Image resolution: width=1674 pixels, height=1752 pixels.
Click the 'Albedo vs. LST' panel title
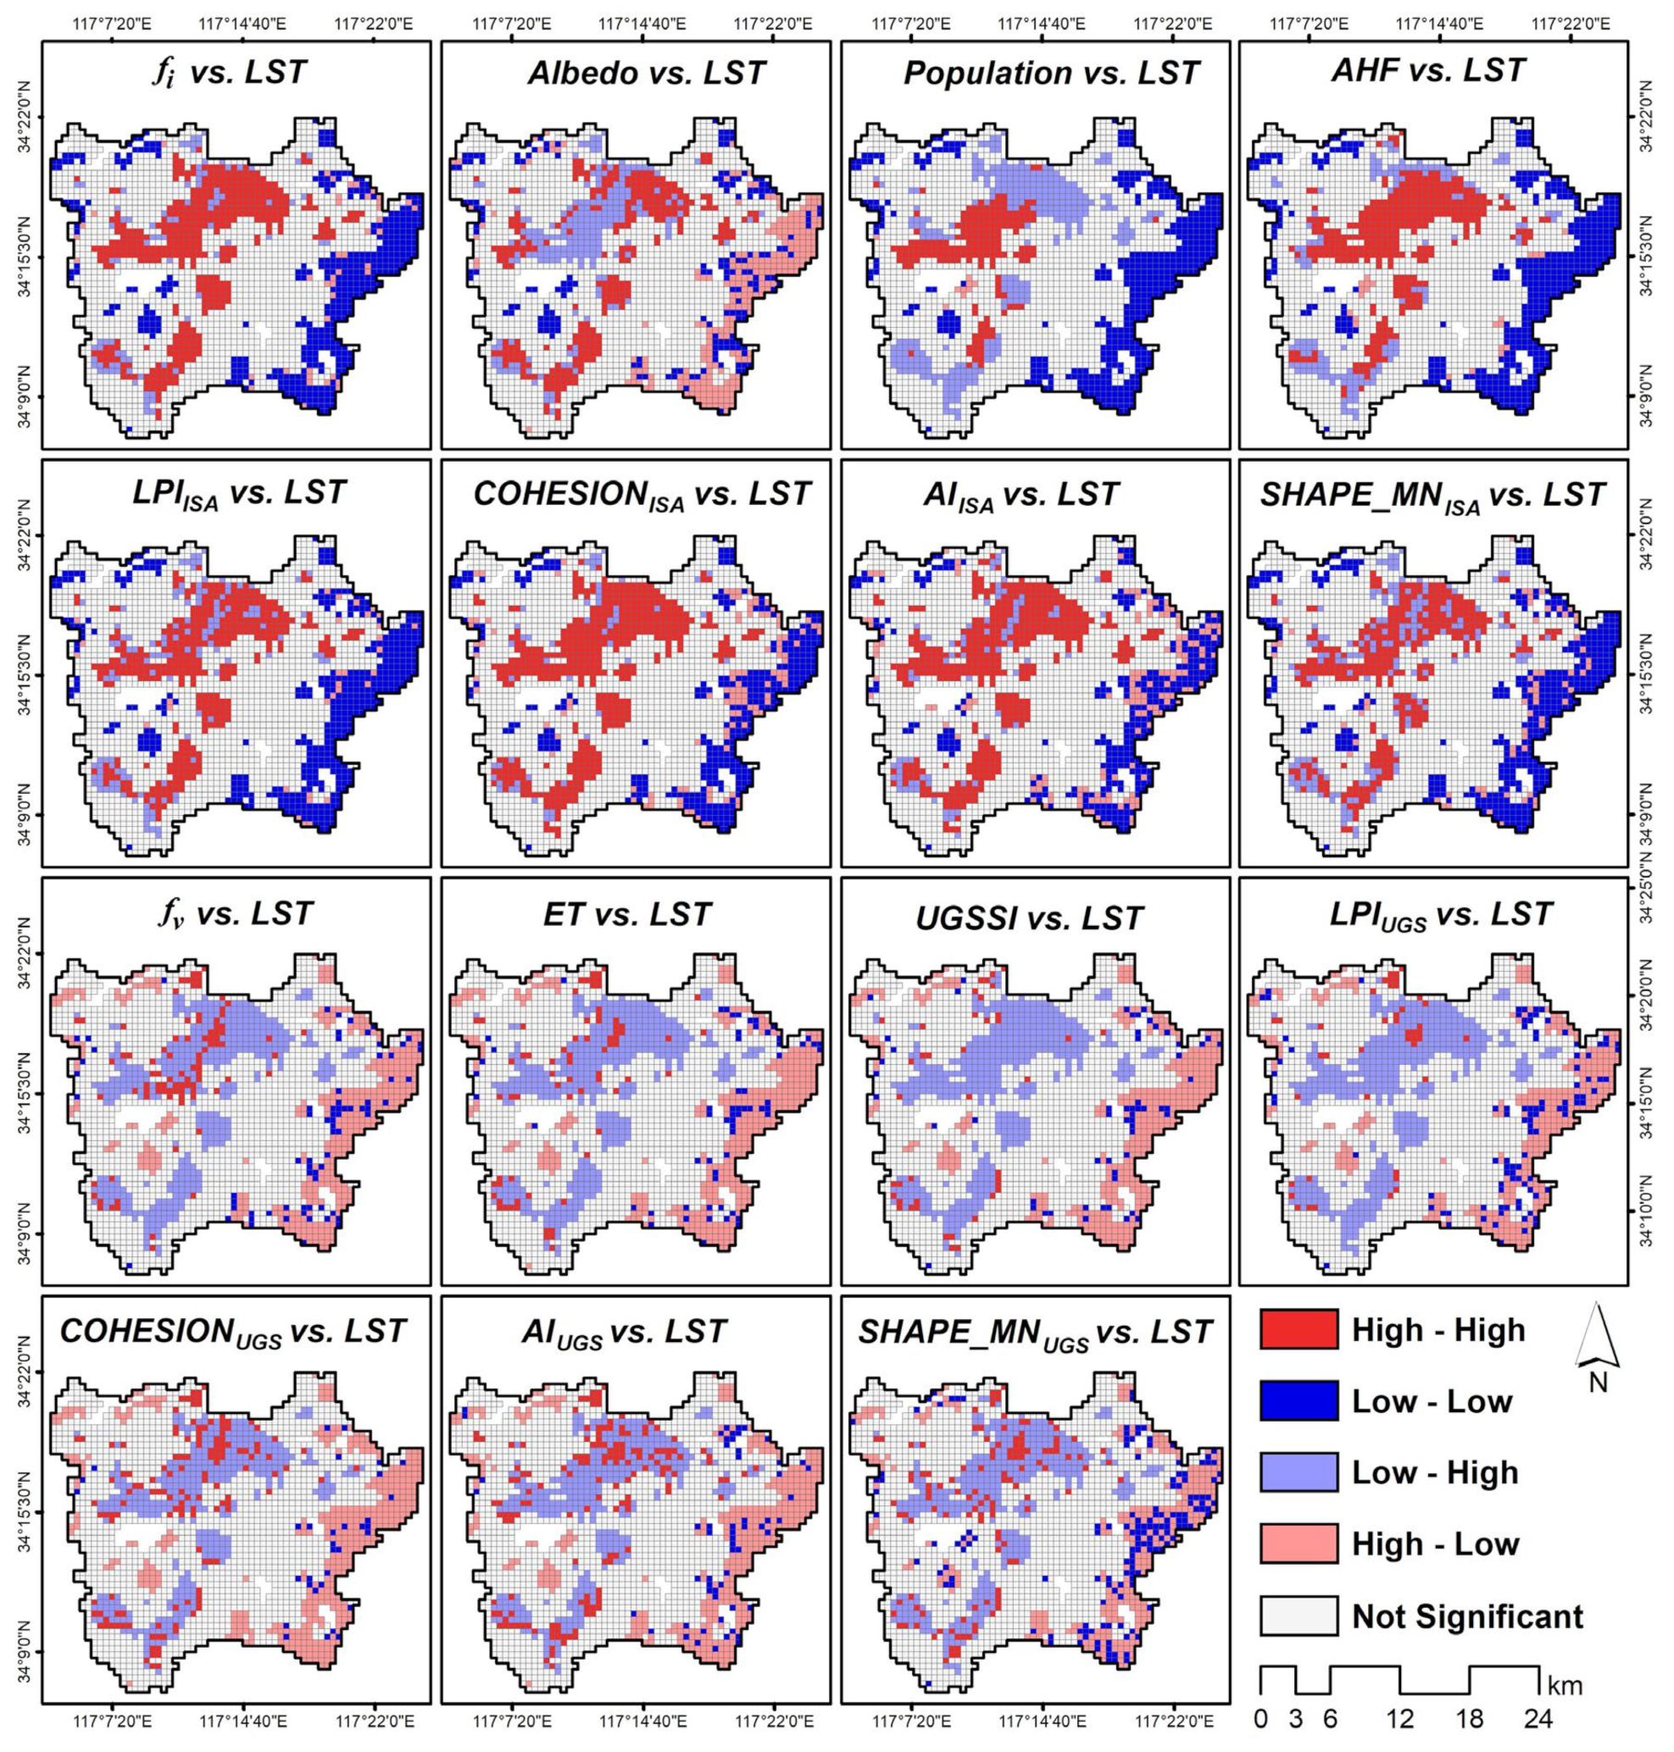click(x=646, y=73)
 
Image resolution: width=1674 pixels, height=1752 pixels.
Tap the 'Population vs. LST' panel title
click(x=1051, y=73)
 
